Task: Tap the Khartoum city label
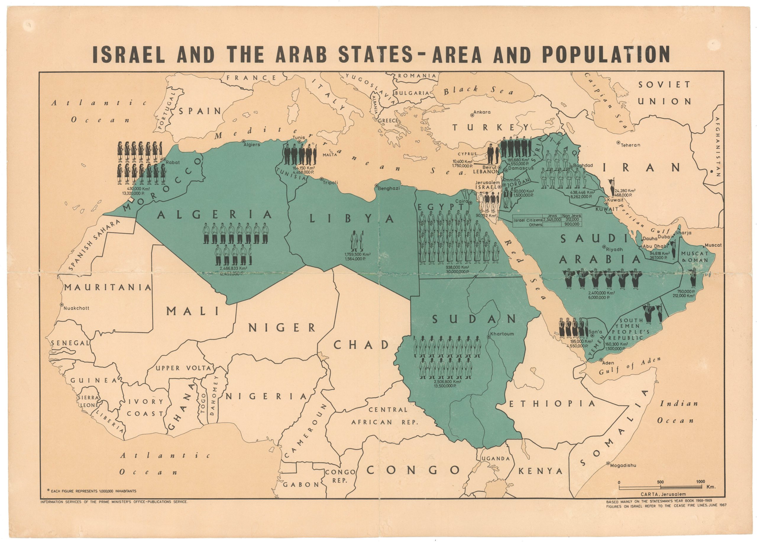point(503,334)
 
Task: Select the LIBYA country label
point(352,219)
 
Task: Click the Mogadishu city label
point(623,465)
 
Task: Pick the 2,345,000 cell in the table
point(552,220)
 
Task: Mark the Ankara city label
point(482,112)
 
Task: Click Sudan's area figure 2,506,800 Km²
point(447,381)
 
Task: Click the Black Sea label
point(478,90)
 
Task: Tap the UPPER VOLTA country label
point(183,368)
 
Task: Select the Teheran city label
point(630,145)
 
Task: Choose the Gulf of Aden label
point(630,366)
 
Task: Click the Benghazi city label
point(389,188)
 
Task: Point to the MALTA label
point(329,155)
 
